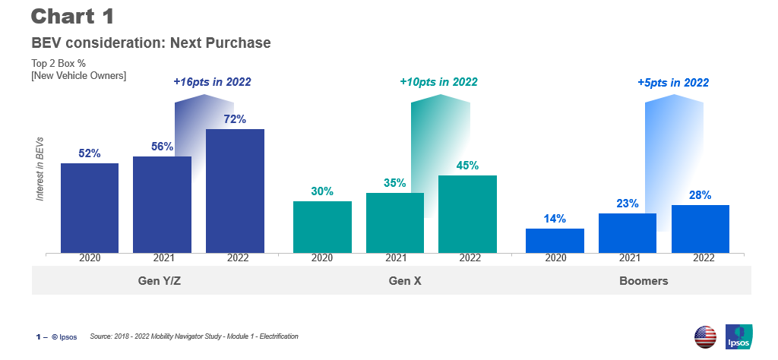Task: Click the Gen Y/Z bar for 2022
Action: coord(235,191)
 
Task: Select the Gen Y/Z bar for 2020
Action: coord(90,208)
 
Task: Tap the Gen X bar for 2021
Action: coord(395,223)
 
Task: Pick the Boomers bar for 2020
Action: coord(555,241)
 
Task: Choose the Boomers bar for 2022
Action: coord(700,229)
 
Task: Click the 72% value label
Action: coord(235,119)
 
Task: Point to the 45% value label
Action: coord(467,166)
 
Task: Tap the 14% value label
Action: coord(555,219)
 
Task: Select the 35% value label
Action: coord(394,183)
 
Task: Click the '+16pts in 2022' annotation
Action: coord(212,82)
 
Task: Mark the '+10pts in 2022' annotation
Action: coord(438,82)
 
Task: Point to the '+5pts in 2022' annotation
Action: coord(673,82)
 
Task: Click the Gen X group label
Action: coord(405,280)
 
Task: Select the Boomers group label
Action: coord(644,280)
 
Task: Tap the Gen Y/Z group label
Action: coord(159,280)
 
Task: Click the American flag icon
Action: coord(705,336)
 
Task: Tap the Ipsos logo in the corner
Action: coord(738,336)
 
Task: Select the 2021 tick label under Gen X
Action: coord(395,258)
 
